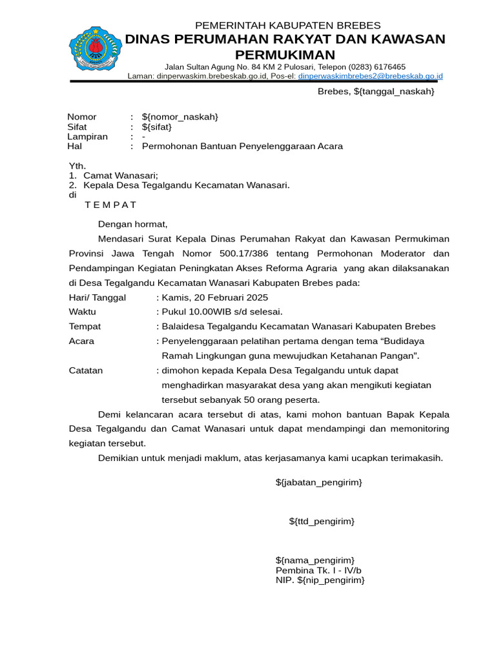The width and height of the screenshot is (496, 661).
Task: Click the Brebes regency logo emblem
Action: coord(96,49)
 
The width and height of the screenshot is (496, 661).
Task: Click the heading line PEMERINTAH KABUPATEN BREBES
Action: coord(288,25)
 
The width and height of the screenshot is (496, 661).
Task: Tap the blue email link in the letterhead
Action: coord(370,76)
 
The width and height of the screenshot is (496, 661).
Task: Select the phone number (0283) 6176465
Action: coord(377,66)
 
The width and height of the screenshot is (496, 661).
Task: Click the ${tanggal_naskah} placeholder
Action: coord(394,92)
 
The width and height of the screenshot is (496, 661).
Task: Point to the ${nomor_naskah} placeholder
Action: coord(180,117)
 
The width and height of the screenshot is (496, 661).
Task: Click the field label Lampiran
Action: coord(87,137)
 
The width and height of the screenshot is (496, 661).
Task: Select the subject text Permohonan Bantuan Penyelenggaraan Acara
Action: coord(242,147)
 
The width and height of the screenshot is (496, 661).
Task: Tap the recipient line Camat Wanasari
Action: coord(121,176)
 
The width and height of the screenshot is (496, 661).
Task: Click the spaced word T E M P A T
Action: coord(110,205)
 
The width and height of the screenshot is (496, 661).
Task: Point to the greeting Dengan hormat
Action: coord(132,224)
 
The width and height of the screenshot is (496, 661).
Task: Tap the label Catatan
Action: coord(85,371)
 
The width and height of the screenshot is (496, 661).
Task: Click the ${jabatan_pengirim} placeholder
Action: coord(318,482)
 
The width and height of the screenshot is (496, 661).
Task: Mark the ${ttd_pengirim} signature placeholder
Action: coord(321,521)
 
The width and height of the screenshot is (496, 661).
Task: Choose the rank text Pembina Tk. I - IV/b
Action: coord(318,570)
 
